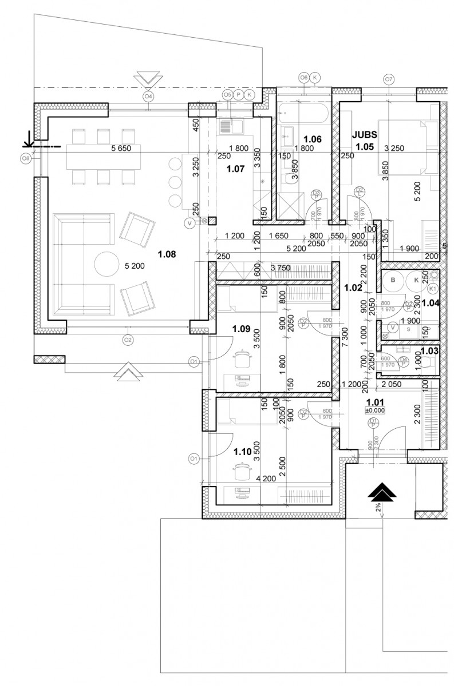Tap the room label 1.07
click(235, 169)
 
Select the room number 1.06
click(313, 139)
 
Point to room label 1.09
click(242, 329)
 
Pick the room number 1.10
click(243, 451)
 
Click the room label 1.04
click(430, 303)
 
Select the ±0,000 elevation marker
click(374, 409)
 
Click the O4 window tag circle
click(148, 96)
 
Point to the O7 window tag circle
click(389, 79)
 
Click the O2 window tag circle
click(128, 340)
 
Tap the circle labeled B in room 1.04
click(394, 281)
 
